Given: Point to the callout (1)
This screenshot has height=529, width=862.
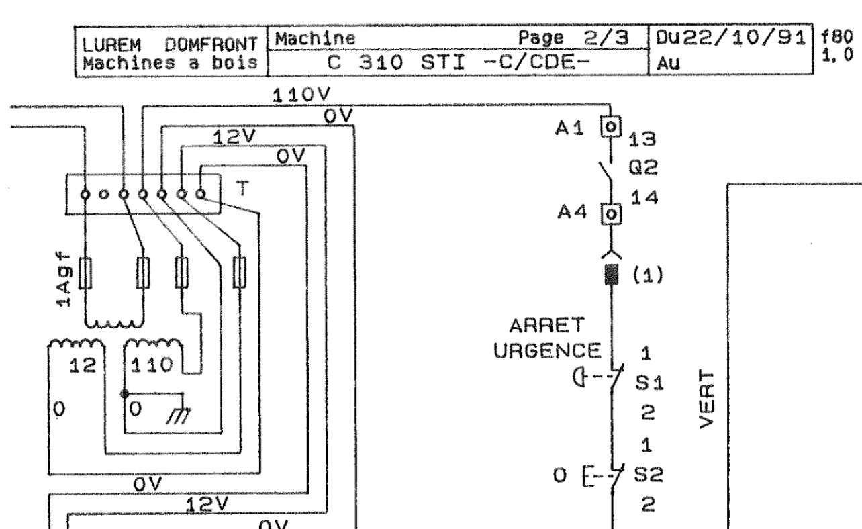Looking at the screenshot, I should point(649,277).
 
